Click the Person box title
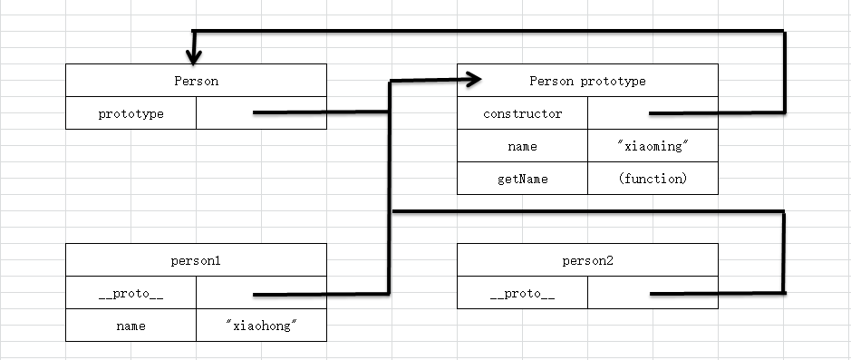(196, 81)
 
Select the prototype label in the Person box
(131, 113)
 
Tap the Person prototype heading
(587, 81)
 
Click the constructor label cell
(522, 113)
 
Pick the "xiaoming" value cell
(653, 146)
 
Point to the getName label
(522, 179)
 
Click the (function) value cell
(653, 179)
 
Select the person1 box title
(196, 260)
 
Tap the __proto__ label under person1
(131, 293)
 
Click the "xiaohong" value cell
(261, 326)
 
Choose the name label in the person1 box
(131, 326)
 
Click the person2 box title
(587, 260)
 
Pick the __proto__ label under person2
(522, 293)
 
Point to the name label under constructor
(522, 146)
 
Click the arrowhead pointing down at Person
(192, 54)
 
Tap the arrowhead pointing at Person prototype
(471, 81)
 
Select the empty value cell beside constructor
(625, 113)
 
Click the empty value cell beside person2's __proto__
(625, 293)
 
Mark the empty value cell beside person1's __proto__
(227, 293)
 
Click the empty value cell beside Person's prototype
(227, 113)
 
